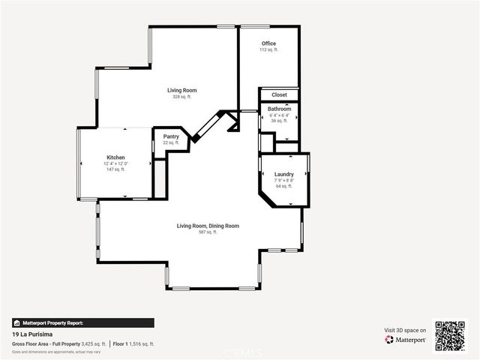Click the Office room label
pos(268,43)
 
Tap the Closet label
pos(279,95)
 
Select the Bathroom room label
pos(279,109)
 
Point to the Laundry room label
pos(283,174)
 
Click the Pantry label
pos(171,136)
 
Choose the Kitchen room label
pos(115,157)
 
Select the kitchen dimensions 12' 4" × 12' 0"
pos(115,163)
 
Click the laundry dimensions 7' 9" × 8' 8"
pos(283,180)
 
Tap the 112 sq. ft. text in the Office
pos(268,50)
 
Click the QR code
pos(451,336)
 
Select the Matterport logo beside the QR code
pos(406,340)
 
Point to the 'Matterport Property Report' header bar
pos(83,322)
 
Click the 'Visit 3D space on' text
pos(405,330)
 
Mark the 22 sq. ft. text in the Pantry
pos(171,142)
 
